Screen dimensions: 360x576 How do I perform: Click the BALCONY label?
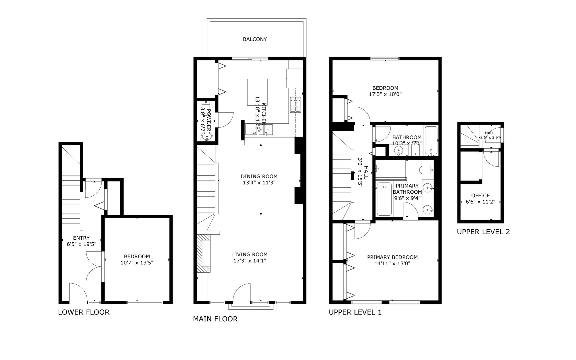pyautogui.click(x=255, y=39)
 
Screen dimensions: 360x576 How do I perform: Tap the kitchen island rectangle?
pyautogui.click(x=257, y=92)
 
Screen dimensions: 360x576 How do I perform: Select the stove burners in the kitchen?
pyautogui.click(x=295, y=105)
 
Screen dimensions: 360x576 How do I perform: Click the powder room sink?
pyautogui.click(x=207, y=136)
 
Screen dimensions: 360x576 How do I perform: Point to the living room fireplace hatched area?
pyautogui.click(x=203, y=253)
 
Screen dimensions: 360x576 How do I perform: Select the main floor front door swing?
pyautogui.click(x=242, y=292)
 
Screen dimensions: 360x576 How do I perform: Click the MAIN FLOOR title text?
pyautogui.click(x=215, y=319)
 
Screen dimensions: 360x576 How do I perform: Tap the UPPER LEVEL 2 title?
pyautogui.click(x=483, y=232)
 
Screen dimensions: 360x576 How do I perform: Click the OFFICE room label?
pyautogui.click(x=480, y=196)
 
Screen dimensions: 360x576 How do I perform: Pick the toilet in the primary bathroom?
pyautogui.click(x=426, y=170)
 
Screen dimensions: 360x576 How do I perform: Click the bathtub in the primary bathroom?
pyautogui.click(x=384, y=199)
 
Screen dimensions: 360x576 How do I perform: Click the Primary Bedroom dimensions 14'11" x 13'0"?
pyautogui.click(x=392, y=264)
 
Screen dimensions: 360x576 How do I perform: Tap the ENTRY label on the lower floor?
pyautogui.click(x=81, y=238)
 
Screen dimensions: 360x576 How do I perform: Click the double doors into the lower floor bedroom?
pyautogui.click(x=94, y=267)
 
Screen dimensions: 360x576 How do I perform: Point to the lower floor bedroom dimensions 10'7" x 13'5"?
pyautogui.click(x=137, y=263)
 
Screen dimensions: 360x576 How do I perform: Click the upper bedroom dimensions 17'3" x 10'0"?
pyautogui.click(x=385, y=94)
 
